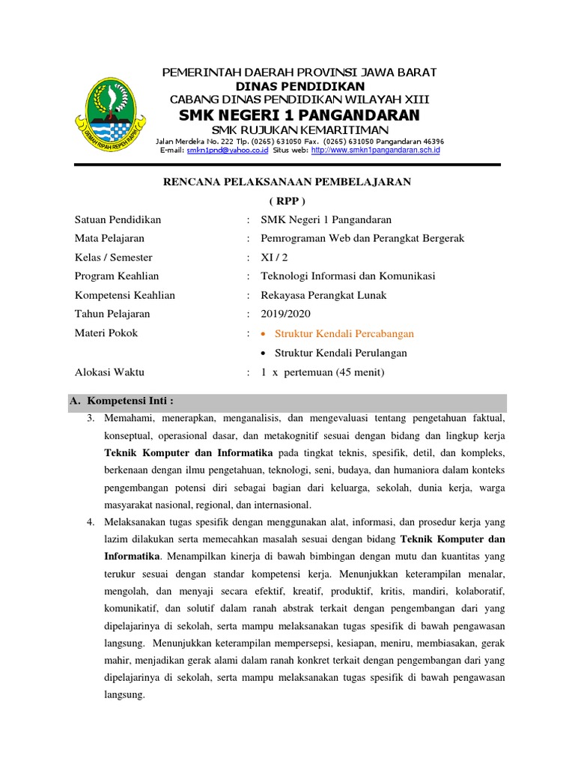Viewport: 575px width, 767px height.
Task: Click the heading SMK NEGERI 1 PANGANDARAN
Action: tap(299, 115)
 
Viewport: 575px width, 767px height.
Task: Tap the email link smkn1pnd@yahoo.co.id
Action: tap(228, 150)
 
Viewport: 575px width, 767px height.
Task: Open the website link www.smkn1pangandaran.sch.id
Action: tap(375, 150)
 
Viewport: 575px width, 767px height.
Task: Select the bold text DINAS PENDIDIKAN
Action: tap(299, 86)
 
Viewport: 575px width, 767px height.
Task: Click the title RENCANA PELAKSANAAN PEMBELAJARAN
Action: tap(287, 182)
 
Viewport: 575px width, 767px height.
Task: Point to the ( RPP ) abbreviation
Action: tap(287, 201)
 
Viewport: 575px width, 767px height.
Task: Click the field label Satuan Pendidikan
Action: tap(118, 219)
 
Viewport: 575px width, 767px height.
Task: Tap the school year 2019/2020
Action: tap(285, 314)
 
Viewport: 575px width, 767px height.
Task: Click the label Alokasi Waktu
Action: tap(109, 372)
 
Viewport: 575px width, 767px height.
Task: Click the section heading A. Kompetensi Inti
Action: tap(128, 401)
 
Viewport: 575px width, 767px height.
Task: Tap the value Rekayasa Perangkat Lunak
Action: tap(323, 295)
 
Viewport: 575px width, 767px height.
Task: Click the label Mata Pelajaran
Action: tap(109, 238)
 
